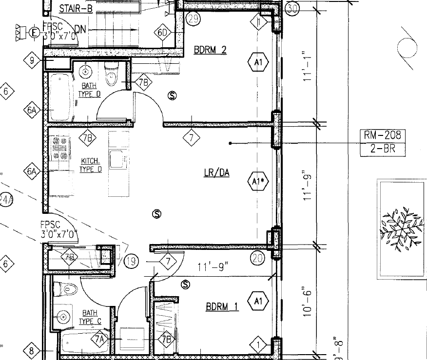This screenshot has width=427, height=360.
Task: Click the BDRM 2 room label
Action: pos(210,50)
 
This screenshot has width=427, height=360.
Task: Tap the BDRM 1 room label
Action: pos(222,307)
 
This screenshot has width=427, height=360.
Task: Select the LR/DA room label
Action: pos(216,172)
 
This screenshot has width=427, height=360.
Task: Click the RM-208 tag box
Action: pos(383,135)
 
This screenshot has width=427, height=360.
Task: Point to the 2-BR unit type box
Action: pos(383,149)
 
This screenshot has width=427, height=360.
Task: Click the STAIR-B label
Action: pos(77,8)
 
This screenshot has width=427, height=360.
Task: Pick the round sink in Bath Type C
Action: pos(63,317)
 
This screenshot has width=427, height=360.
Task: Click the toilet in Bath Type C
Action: pos(66,289)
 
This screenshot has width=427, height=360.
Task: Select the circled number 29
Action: pos(193,19)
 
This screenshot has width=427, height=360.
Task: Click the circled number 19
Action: pos(131,262)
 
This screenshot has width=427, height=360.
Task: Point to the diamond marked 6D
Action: pos(163,33)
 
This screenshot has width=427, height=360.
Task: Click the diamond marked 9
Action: pos(32,60)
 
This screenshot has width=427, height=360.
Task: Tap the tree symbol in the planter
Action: pos(401,227)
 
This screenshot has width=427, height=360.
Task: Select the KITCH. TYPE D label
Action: pos(91,165)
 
